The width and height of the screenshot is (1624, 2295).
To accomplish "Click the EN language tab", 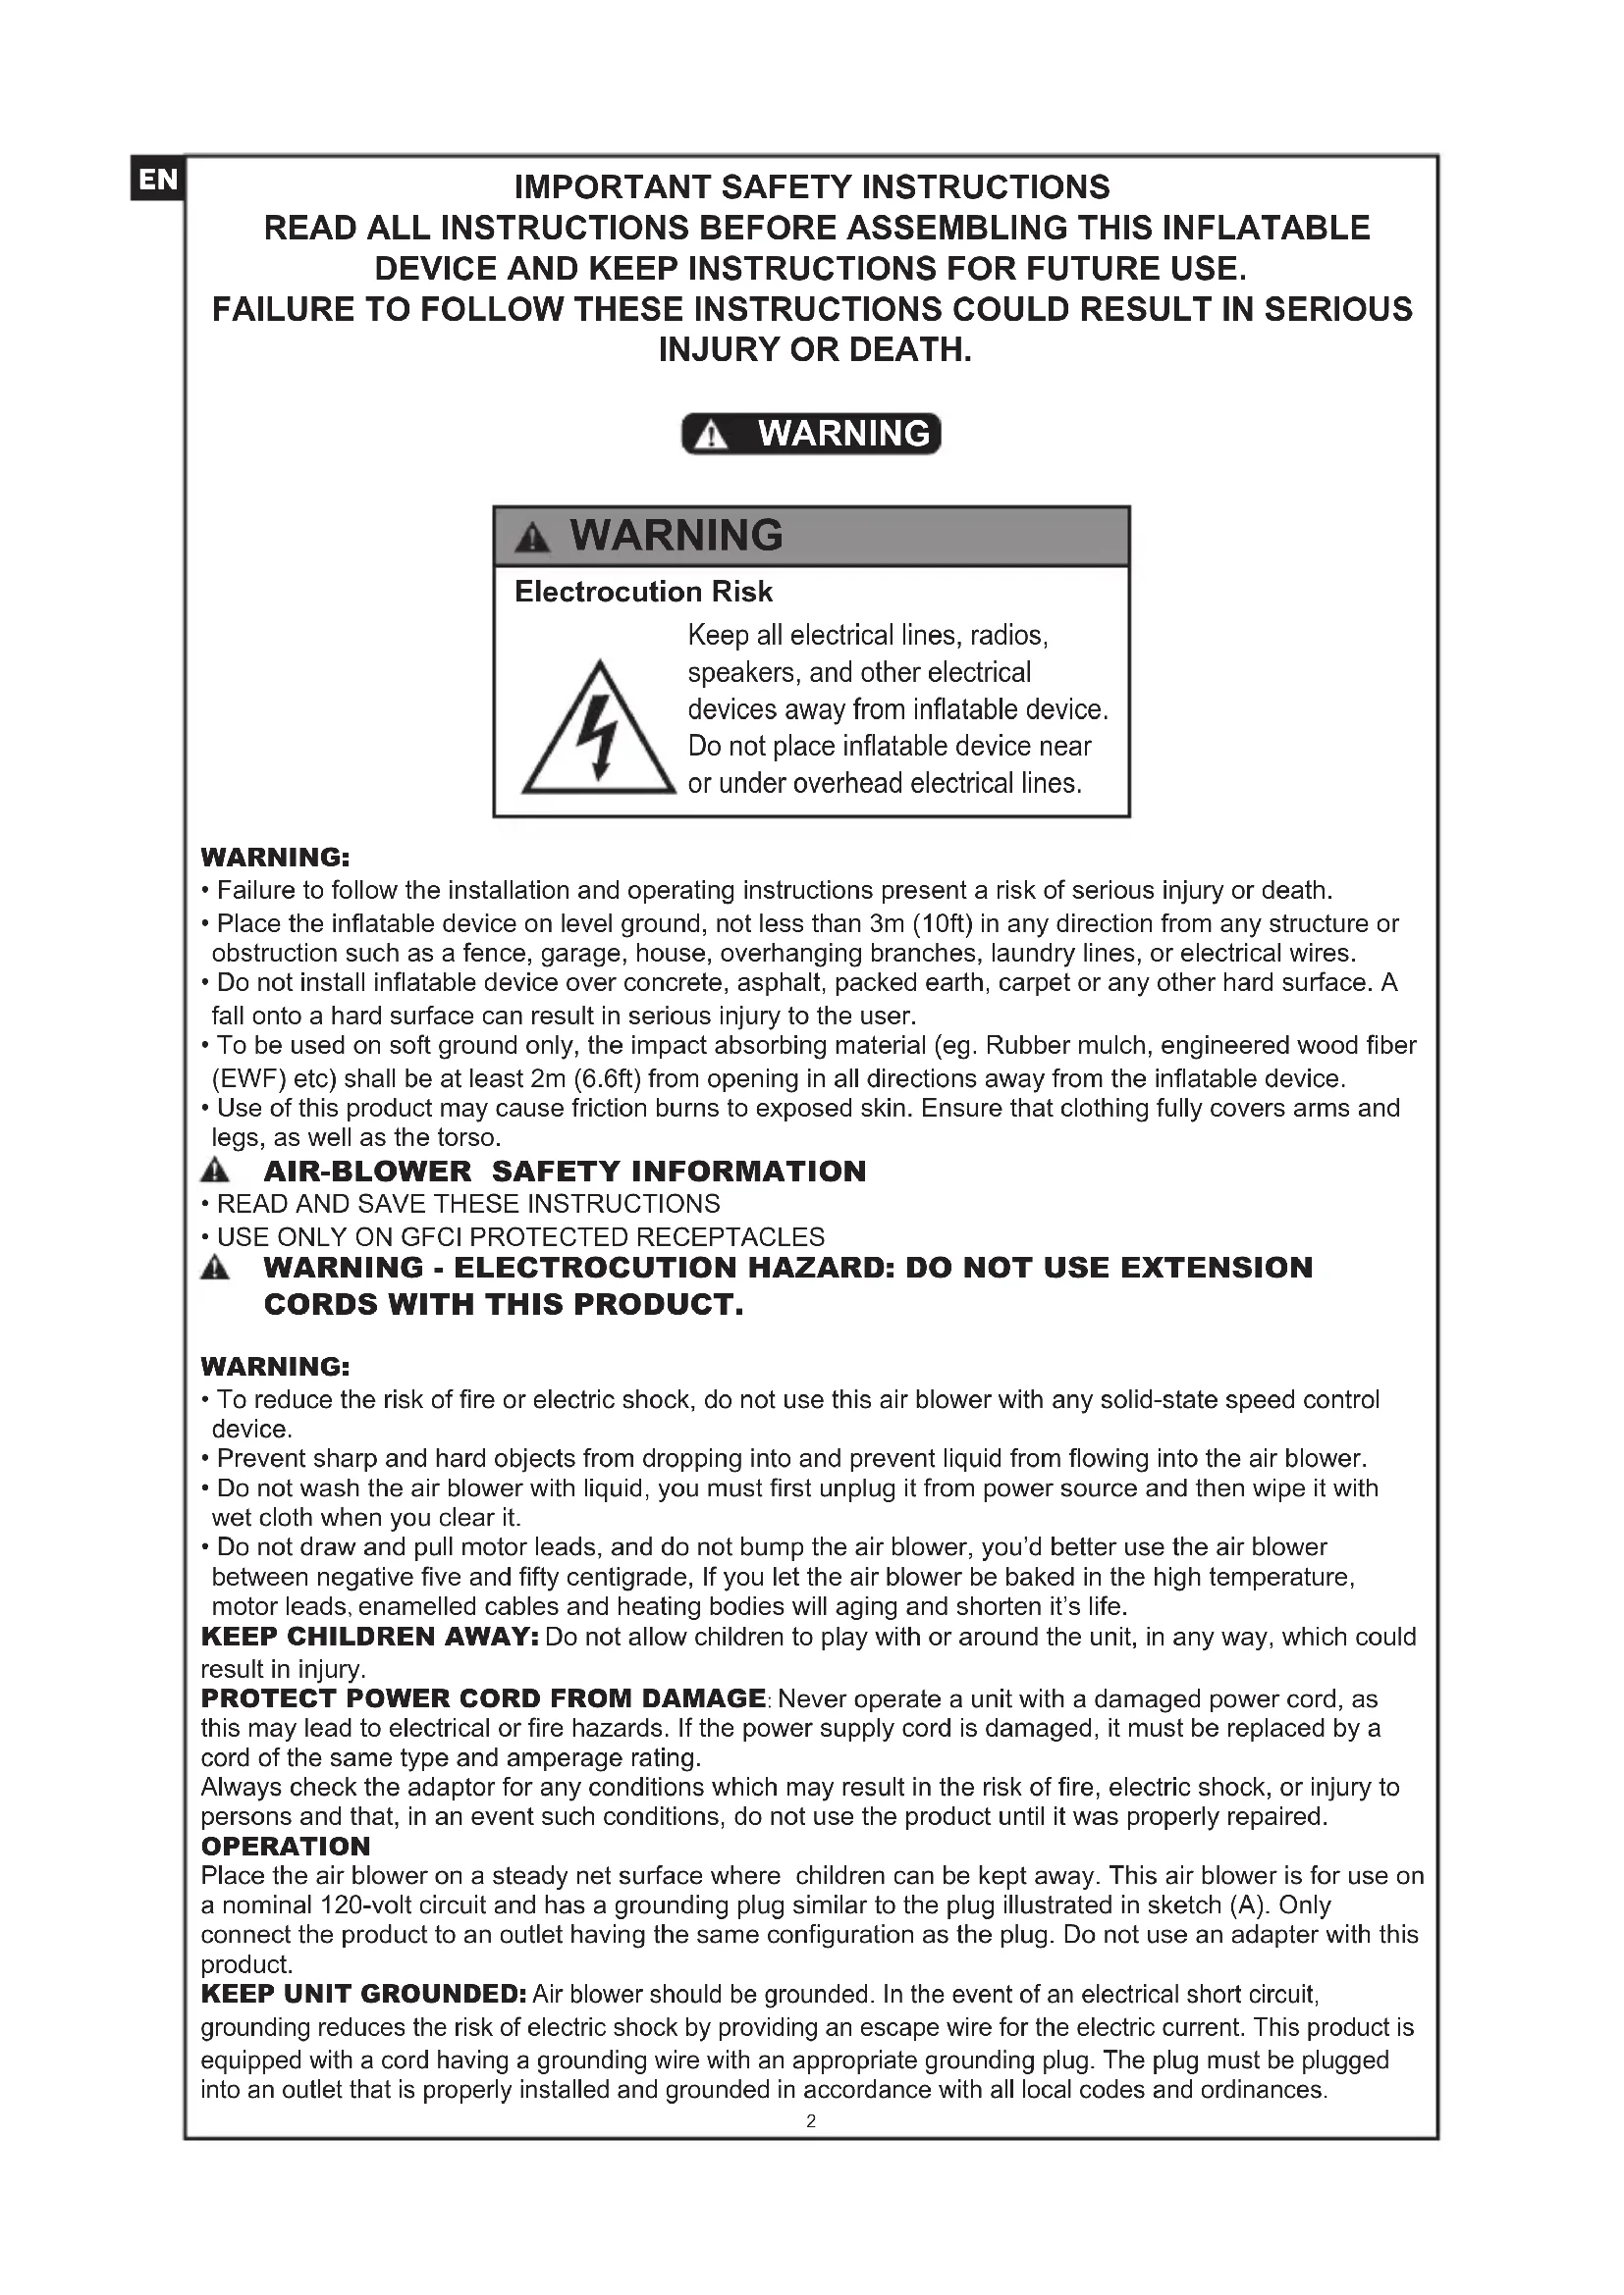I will (157, 180).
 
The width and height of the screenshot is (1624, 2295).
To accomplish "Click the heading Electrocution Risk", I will (643, 592).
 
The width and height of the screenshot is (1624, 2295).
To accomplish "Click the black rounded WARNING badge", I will (811, 434).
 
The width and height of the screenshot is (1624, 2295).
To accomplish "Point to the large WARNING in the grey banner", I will (676, 536).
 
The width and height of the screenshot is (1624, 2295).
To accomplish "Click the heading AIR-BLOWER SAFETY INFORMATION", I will (564, 1172).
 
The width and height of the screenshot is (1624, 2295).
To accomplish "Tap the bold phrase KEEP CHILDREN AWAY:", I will (370, 1637).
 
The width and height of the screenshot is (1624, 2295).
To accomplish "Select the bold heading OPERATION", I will (285, 1847).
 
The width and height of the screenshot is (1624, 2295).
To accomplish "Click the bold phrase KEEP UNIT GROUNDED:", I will (363, 1994).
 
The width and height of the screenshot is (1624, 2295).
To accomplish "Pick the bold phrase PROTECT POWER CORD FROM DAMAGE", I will (483, 1698).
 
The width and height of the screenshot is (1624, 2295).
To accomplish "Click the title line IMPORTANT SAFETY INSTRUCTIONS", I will (811, 187).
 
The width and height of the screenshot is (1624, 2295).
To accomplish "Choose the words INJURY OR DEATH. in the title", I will (815, 349).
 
